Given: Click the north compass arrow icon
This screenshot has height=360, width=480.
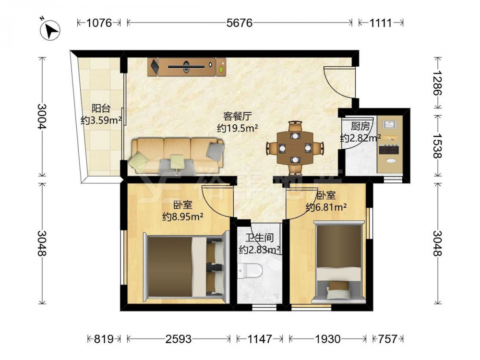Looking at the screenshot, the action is click(50, 29).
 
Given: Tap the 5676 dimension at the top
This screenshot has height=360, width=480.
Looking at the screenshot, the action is click(240, 23).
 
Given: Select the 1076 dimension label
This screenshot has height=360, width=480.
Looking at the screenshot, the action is click(99, 23).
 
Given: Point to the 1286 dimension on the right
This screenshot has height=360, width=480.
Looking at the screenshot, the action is click(438, 83).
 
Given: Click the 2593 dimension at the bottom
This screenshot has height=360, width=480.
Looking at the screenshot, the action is click(179, 339).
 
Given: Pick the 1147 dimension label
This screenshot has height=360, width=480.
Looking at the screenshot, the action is click(260, 339).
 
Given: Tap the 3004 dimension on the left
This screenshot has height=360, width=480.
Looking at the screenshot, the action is click(42, 116).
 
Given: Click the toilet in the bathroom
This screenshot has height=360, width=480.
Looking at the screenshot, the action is click(250, 270).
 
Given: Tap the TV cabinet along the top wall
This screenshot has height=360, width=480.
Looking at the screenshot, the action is click(187, 67).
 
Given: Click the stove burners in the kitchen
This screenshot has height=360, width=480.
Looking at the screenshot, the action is click(389, 150).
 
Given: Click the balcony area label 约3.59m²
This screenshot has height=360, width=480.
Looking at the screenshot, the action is click(101, 120).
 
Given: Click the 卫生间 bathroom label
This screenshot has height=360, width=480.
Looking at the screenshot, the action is click(259, 237).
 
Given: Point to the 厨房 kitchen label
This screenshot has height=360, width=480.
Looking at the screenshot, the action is click(360, 126).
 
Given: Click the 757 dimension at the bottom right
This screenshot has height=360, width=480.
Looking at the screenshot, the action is click(387, 339).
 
